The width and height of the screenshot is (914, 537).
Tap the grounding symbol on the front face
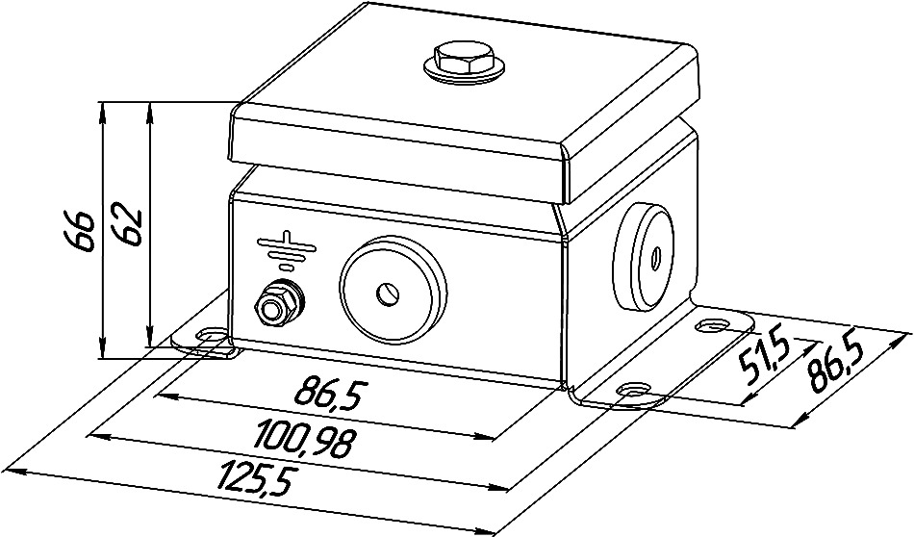[x=286, y=250]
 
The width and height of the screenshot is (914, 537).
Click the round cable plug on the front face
[x=393, y=291]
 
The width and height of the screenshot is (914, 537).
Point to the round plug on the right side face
[x=641, y=258]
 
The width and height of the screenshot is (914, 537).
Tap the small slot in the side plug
[x=655, y=256]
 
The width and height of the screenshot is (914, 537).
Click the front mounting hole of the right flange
[x=632, y=389]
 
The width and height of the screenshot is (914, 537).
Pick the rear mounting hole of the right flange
[x=711, y=324]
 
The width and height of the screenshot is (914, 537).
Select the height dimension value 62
[x=128, y=225]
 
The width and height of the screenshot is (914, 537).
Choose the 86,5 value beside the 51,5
[x=836, y=363]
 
